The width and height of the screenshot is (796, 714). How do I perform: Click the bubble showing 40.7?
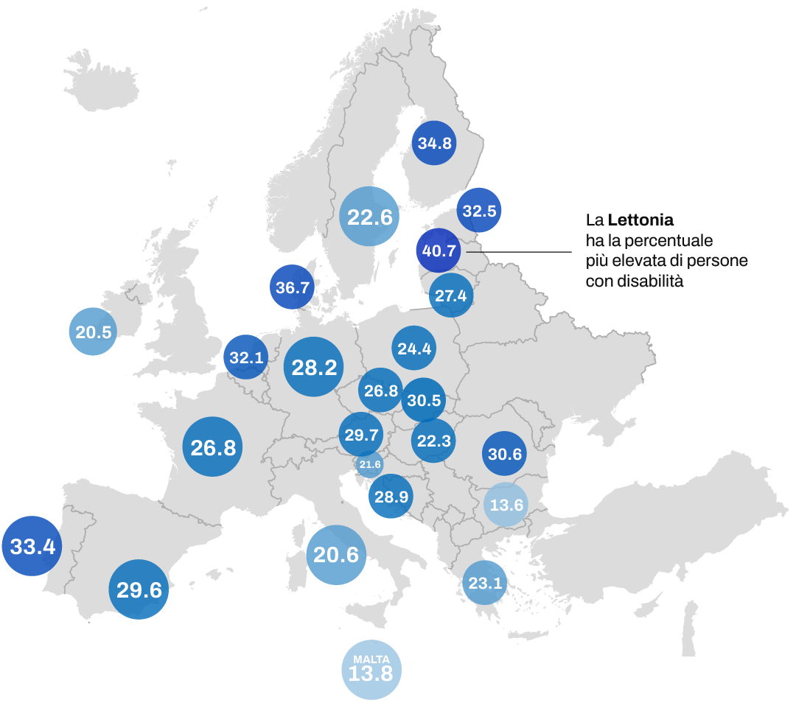coord(439,251)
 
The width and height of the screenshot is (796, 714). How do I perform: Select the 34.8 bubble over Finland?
coord(435,143)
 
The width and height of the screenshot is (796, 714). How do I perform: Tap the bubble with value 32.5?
coord(479,211)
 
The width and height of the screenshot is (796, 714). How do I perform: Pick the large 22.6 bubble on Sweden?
coord(370,217)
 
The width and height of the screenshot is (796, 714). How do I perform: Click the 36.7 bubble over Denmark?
coord(293,287)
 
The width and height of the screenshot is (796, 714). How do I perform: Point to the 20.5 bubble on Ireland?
coord(94,332)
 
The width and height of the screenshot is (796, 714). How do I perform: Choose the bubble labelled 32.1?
coord(246,357)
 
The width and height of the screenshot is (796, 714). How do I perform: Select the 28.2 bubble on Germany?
coord(314,367)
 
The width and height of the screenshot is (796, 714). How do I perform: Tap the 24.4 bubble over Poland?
coord(414,348)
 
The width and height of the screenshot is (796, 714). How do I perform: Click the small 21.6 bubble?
coord(369,464)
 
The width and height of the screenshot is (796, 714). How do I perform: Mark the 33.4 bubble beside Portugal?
coord(32,546)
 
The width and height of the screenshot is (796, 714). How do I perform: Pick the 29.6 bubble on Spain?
coord(139,589)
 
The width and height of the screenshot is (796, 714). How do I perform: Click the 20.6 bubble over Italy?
coord(336,554)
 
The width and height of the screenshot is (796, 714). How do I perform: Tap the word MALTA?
coord(371,658)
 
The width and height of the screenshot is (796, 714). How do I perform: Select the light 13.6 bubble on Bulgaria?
coord(506,505)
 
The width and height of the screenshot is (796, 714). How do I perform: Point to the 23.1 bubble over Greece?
coord(485,583)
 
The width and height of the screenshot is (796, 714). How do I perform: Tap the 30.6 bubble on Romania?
coord(505,454)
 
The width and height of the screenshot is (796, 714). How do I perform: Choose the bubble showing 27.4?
coord(451,295)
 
